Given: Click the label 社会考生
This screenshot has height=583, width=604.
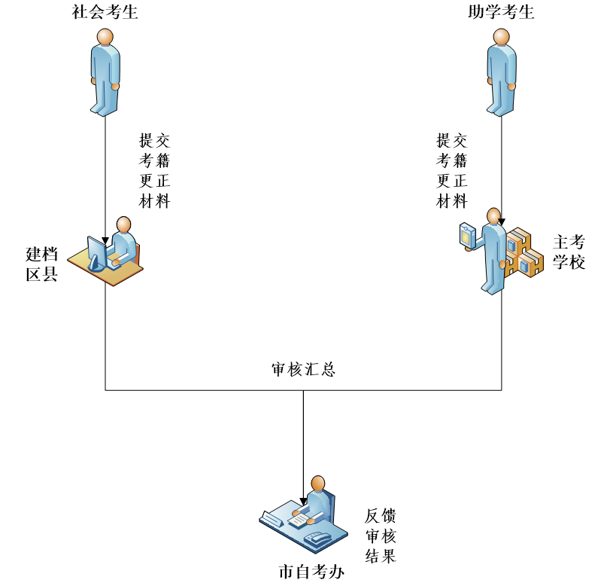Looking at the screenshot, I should pos(105,12).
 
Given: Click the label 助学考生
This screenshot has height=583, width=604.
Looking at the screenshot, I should pos(501,12).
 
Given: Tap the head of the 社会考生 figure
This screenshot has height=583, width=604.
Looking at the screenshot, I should pos(105,37).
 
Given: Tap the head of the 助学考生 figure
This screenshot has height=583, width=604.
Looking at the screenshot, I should pos(501,37).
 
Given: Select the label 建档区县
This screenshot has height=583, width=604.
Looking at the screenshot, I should pos(42,264).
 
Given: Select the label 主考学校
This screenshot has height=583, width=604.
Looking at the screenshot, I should pos(569,252).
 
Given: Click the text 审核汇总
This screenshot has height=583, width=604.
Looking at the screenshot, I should pos(303,370).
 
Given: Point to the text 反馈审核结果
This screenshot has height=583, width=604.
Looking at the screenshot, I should pos(381,536).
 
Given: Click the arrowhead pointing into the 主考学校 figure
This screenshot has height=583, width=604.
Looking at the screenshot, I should pos(501,223).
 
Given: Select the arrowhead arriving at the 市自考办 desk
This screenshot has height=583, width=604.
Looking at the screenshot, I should pos(303,501).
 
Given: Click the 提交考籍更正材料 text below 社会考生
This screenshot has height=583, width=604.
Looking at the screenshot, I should pos(155,171).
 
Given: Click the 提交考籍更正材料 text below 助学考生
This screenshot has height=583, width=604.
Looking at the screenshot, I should pos(452,171).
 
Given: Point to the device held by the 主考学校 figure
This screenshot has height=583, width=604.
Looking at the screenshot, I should pos(468,235).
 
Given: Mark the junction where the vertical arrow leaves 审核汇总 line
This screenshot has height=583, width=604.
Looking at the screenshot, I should pos(303,390).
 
